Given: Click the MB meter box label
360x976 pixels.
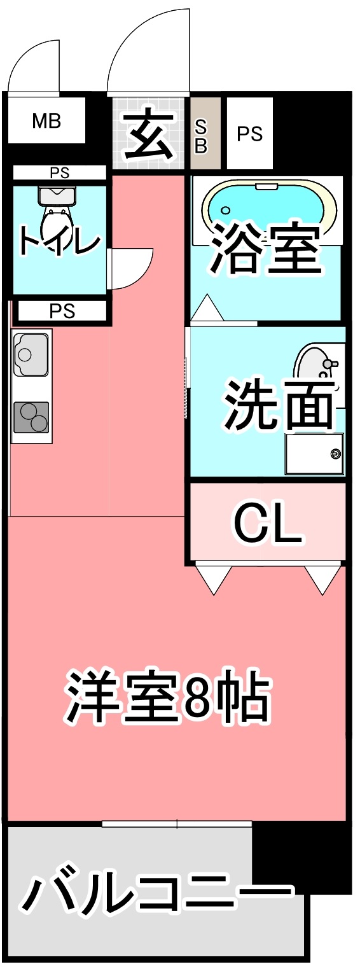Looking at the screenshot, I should coord(46,121).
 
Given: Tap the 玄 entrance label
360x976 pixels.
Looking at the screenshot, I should coord(150,134).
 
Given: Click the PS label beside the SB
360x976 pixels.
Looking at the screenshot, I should coord(249,134).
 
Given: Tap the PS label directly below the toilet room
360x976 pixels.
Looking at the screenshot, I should coord(62,311).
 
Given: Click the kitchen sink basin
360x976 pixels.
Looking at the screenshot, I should coord(30,354).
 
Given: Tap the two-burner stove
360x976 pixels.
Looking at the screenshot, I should coord(31,417).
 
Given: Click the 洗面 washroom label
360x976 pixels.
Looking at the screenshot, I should coord(279,404).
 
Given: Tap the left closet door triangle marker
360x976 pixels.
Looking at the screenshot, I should coord(213,578).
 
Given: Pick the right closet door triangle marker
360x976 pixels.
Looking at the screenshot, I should coord(323,578).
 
